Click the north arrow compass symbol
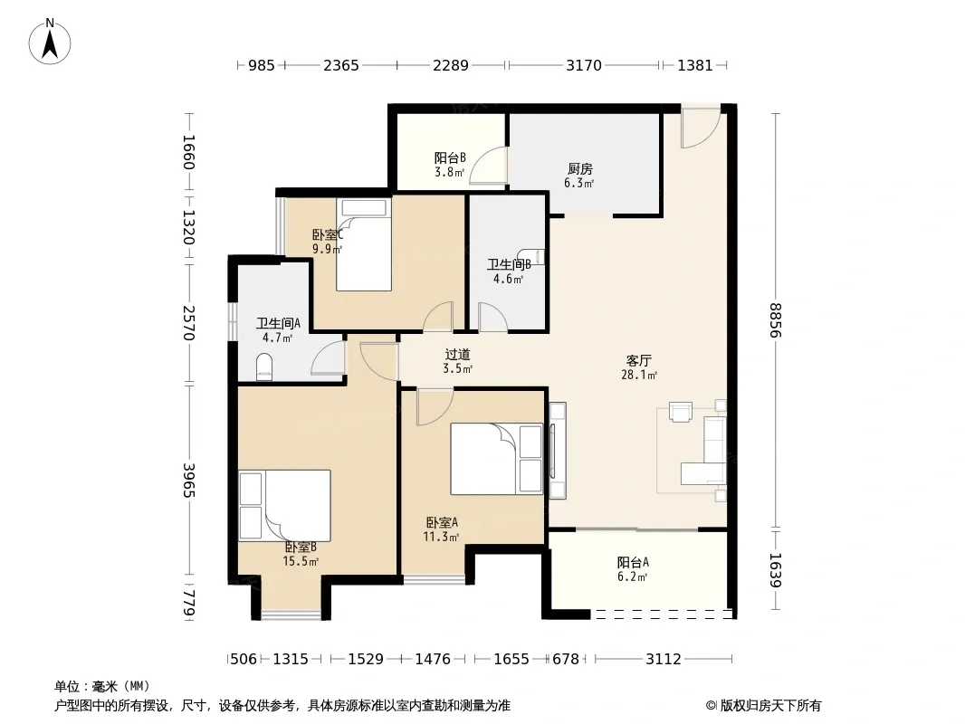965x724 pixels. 50,42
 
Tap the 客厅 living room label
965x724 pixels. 639,360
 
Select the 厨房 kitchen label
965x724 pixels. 579,168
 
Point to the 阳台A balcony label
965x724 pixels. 633,562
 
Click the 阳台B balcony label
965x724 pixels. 450,158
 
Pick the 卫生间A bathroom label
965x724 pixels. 278,323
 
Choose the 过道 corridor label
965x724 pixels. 457,355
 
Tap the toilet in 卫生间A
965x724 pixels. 264,367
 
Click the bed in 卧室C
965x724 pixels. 364,244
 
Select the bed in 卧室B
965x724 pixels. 284,506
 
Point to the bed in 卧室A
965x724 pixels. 496,458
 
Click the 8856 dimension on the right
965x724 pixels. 775,319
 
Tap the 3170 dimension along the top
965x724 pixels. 583,65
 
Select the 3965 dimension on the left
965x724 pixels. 189,481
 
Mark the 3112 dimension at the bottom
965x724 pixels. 663,660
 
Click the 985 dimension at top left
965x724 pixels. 262,65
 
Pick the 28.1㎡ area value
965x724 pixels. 639,375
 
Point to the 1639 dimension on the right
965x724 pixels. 775,570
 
